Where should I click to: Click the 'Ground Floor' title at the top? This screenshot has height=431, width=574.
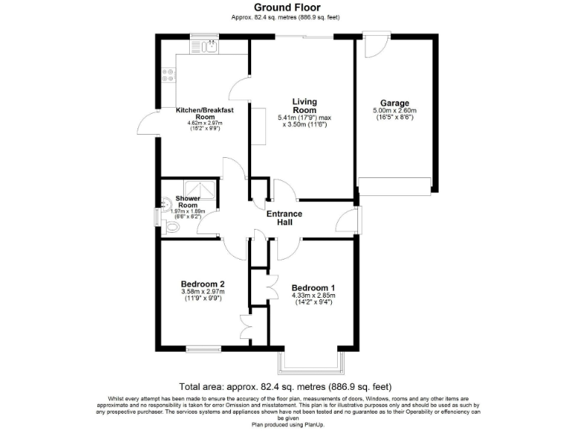[288, 8]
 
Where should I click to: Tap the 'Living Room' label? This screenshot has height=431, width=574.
[304, 106]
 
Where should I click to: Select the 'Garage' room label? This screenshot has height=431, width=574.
[394, 103]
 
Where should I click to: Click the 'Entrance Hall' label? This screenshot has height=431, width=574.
[285, 218]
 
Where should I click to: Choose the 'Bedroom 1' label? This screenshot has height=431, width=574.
[313, 288]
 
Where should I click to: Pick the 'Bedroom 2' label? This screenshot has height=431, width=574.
[203, 284]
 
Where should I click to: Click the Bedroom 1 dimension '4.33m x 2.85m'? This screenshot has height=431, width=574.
[313, 296]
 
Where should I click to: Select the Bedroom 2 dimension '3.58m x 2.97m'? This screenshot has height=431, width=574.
[203, 293]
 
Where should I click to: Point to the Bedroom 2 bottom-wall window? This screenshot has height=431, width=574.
[203, 349]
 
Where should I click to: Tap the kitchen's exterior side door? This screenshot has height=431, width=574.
[147, 121]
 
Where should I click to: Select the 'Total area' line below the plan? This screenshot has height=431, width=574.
[287, 387]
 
